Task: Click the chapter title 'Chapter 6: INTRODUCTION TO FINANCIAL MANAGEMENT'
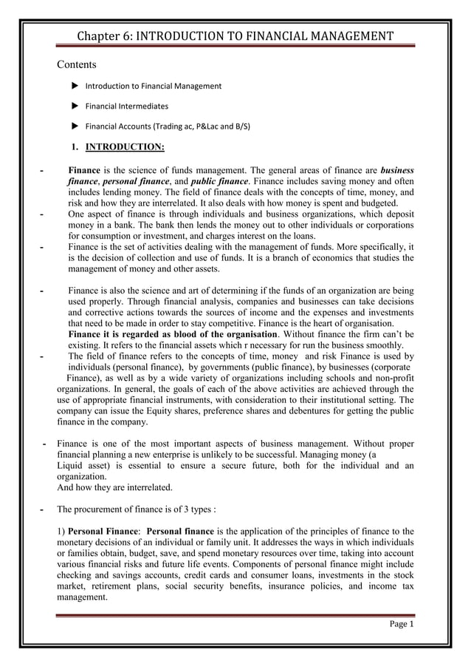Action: pyautogui.click(x=235, y=36)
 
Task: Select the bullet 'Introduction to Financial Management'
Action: pyautogui.click(x=153, y=87)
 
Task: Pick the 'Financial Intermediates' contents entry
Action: pyautogui.click(x=126, y=106)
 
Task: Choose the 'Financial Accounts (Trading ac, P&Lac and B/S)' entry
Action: pyautogui.click(x=168, y=126)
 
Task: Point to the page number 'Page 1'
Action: pyautogui.click(x=402, y=625)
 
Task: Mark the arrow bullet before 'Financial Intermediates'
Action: pyautogui.click(x=75, y=106)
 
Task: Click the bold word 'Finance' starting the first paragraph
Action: pyautogui.click(x=83, y=169)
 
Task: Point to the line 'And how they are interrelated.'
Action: pyautogui.click(x=114, y=488)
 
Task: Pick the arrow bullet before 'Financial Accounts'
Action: pyautogui.click(x=75, y=126)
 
